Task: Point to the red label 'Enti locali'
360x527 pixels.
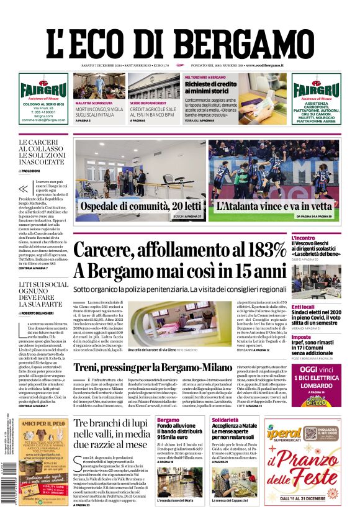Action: (x=321, y=307)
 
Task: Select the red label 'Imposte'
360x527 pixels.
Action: (x=318, y=337)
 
